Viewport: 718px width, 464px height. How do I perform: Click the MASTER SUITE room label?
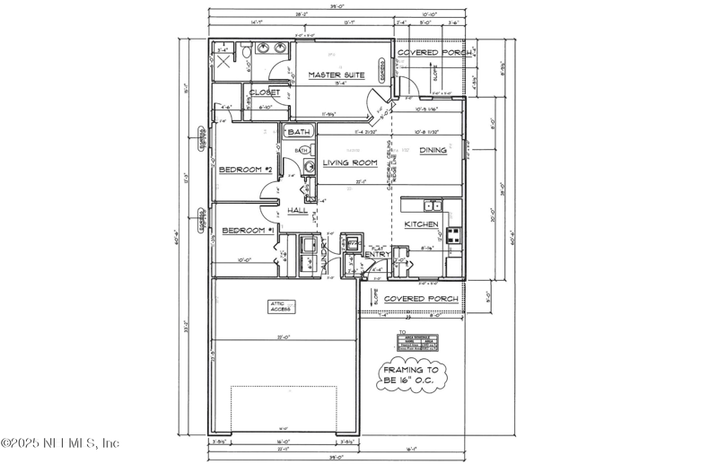[337, 75]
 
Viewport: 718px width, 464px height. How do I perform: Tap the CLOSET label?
[264, 92]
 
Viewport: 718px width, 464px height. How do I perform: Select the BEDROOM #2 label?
[246, 170]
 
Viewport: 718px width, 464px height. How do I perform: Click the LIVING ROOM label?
[349, 163]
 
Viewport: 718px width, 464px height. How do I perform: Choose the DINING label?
[433, 151]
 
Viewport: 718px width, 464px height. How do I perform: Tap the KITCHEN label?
[421, 223]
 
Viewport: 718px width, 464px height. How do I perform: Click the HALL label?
[297, 211]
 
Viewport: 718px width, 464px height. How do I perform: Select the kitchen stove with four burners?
[454, 237]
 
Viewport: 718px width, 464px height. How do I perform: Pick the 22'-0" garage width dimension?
[285, 337]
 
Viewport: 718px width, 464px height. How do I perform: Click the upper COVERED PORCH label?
[430, 53]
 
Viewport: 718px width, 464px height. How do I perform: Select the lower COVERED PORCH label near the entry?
[421, 299]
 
